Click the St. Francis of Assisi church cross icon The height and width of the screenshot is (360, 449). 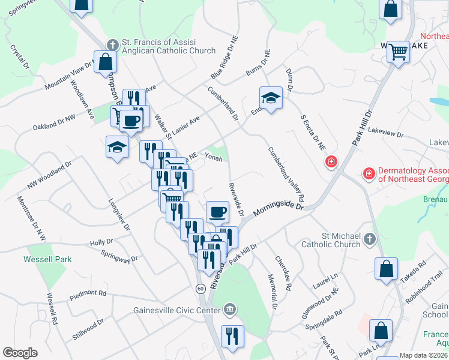[x=112, y=44]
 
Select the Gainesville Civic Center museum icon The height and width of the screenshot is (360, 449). [x=229, y=310]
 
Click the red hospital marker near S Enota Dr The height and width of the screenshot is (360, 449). [x=331, y=162]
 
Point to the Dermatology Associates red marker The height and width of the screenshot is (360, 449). [x=369, y=174]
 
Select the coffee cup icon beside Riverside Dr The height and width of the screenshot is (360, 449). [x=217, y=212]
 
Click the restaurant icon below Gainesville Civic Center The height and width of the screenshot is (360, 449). [x=232, y=336]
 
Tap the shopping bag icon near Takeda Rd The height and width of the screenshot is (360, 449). [x=386, y=269]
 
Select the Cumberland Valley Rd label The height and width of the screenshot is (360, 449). [x=286, y=174]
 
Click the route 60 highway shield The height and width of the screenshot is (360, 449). [x=200, y=289]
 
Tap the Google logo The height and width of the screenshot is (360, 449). [x=20, y=353]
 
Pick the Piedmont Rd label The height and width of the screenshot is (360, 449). [x=88, y=293]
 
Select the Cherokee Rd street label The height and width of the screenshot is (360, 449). [x=283, y=274]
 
